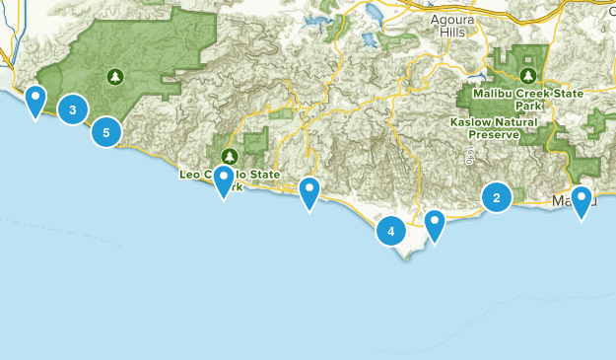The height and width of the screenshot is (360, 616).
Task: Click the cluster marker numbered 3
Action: tap(73, 109)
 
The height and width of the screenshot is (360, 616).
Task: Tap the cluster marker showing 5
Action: tap(106, 131)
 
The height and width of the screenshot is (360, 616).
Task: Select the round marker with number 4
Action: tap(391, 232)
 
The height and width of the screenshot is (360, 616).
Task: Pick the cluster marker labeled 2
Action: tap(496, 198)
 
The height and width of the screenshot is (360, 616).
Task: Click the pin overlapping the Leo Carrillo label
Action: tap(224, 180)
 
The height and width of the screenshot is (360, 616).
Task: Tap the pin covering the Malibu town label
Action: tap(582, 201)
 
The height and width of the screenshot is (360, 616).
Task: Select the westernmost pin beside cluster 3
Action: tap(35, 99)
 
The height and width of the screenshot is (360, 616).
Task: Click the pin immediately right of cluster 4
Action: tap(434, 226)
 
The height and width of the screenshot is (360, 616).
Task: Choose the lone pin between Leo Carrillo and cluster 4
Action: tap(309, 192)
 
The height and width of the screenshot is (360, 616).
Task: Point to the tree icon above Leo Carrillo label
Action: tap(230, 156)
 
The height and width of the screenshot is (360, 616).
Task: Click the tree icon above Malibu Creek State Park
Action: tap(529, 75)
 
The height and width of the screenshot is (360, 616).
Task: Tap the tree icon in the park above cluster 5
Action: tap(116, 75)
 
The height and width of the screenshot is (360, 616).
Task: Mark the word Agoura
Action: tap(452, 19)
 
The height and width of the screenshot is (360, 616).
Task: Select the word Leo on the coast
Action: tap(189, 174)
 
